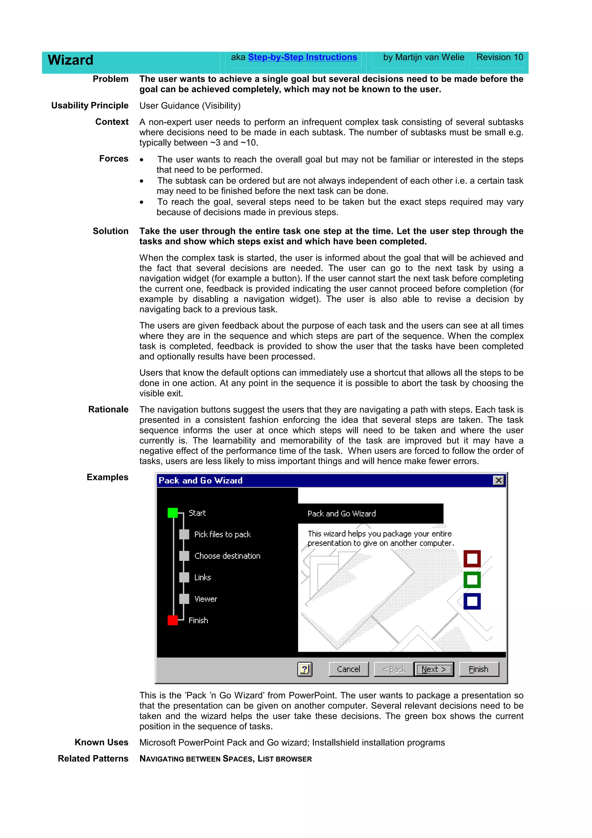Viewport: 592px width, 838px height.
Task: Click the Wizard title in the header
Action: pos(71,60)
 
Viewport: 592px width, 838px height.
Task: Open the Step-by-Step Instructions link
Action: pos(302,57)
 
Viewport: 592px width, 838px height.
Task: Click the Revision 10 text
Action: pos(499,57)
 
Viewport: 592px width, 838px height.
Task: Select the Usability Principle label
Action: pos(90,106)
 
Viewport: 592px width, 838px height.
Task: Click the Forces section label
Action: pos(114,159)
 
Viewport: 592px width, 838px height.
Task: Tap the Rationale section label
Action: pos(108,409)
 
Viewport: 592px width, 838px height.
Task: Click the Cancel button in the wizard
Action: pos(348,669)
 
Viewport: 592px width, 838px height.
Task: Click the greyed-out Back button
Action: pos(394,669)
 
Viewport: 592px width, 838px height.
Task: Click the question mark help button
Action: pos(305,669)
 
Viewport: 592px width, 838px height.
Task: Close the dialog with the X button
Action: pos(498,480)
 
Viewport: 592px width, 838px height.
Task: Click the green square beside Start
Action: pos(173,513)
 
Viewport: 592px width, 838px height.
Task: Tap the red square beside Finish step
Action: pos(173,620)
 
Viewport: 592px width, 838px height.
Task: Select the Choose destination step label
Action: pos(227,556)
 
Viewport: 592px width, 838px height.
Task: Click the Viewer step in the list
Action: pos(206,599)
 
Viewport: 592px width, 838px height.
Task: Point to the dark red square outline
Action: pos(472,558)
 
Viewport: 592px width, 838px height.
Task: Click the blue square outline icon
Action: pos(472,601)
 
